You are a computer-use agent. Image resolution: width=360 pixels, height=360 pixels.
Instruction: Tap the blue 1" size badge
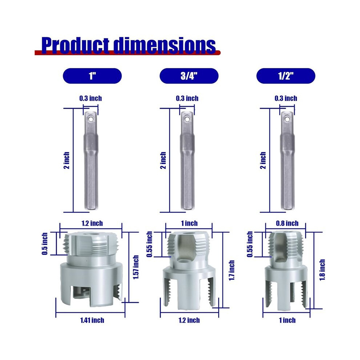(92, 76)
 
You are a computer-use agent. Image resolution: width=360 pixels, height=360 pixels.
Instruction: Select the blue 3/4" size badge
(189, 76)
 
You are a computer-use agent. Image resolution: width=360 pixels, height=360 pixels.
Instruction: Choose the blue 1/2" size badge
(286, 76)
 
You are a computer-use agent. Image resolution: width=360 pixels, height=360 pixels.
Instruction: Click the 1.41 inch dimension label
(92, 320)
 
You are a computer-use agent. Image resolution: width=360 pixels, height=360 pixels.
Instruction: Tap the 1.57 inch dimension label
(136, 267)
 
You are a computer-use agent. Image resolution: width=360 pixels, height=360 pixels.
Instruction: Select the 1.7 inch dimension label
(232, 270)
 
